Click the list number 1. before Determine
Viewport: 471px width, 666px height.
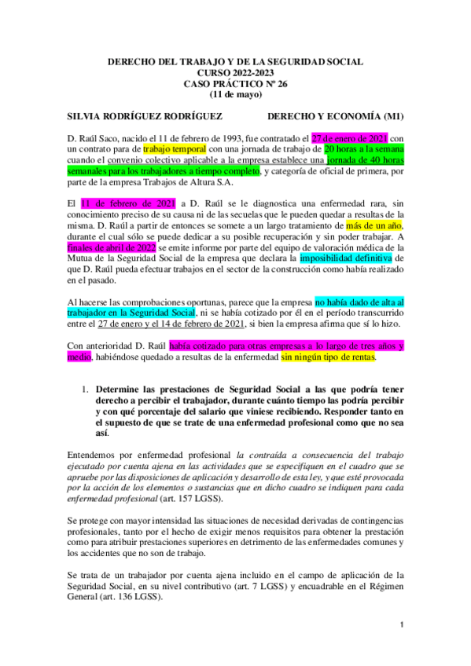point(86,390)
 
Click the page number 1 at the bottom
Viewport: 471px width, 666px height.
point(401,646)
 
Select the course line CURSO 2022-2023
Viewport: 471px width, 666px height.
point(235,71)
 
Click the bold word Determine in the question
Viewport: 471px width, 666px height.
point(120,390)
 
